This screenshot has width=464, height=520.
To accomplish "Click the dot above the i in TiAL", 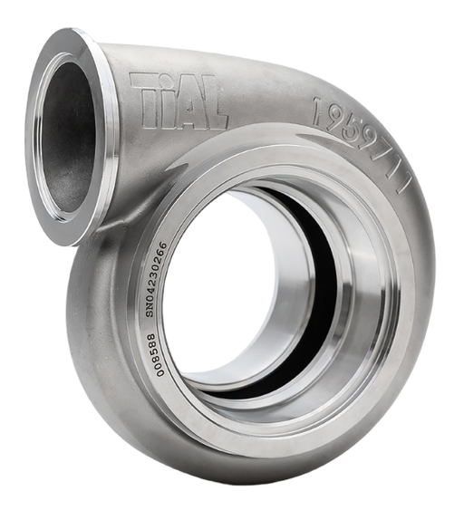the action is [x=169, y=79].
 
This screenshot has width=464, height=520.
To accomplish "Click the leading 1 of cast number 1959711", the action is [x=319, y=111].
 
